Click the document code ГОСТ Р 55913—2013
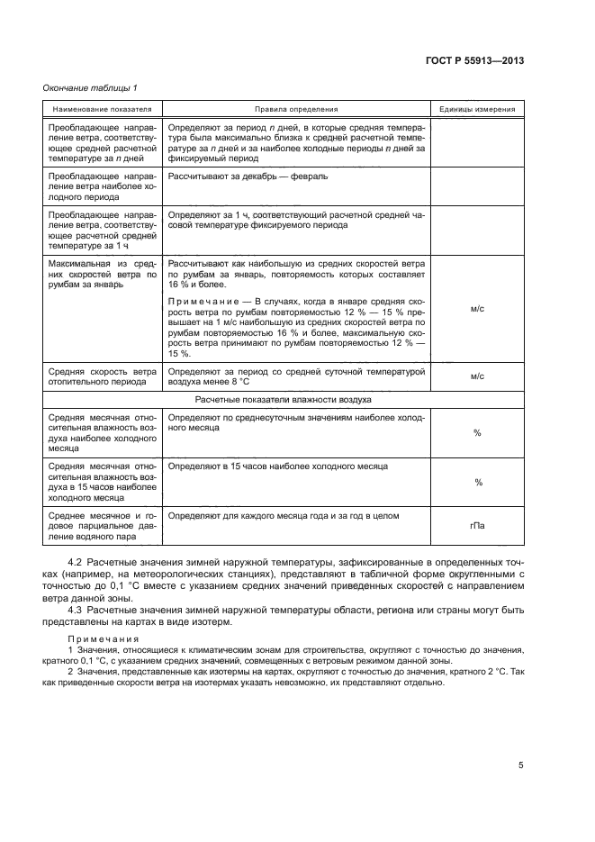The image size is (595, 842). pyautogui.click(x=473, y=60)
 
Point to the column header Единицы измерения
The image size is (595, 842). pyautogui.click(x=477, y=108)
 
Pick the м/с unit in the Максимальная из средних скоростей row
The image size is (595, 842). pyautogui.click(x=477, y=308)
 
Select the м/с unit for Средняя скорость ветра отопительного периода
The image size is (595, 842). pyautogui.click(x=477, y=377)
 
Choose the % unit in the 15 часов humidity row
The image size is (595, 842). pyautogui.click(x=477, y=482)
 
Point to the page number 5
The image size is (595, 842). pyautogui.click(x=520, y=765)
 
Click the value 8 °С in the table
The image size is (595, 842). pyautogui.click(x=236, y=382)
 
